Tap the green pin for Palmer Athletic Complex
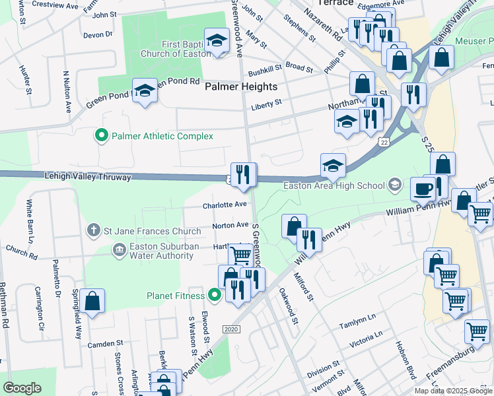101,136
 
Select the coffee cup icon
423,189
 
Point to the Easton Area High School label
334,185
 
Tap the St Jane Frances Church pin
94,231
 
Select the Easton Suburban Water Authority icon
119,249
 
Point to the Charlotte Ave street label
225,205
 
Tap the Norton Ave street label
230,225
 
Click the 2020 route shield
230,329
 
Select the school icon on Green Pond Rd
145,90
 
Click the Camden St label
106,344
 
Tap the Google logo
22,388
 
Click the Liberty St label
266,104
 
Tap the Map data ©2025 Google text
453,391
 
